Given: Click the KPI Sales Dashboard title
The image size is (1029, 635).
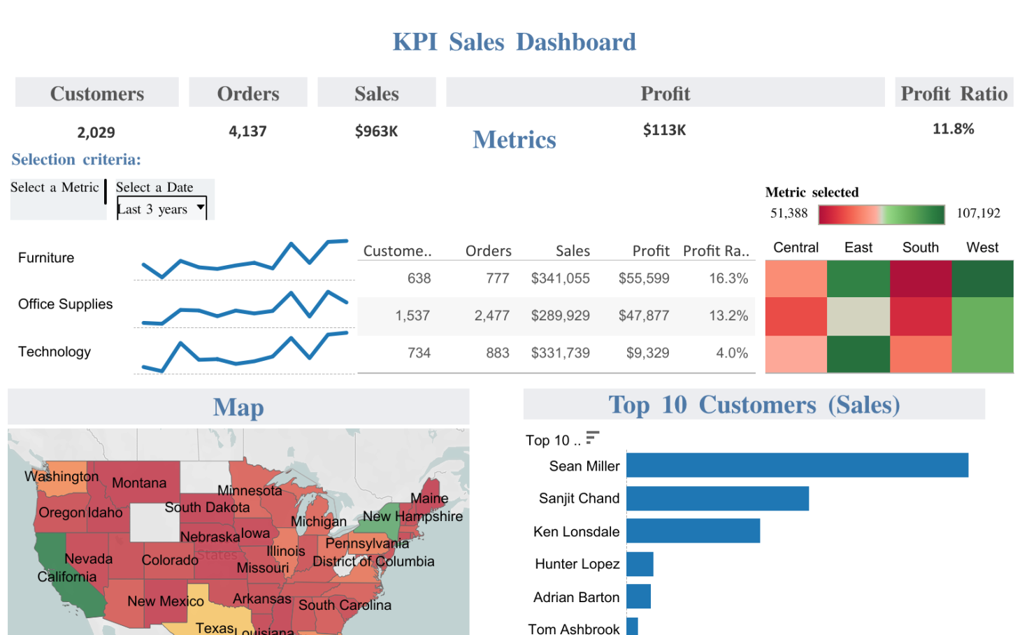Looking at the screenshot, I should coord(514,42).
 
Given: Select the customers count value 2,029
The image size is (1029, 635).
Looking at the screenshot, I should coord(96,132).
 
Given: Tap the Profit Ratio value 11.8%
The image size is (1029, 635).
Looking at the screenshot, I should coord(953,129).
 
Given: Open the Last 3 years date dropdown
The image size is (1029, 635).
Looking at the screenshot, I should coord(161,208).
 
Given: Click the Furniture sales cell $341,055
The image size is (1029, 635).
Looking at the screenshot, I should coord(560,278).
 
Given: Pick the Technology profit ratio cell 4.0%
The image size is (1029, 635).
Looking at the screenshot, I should coord(731,353).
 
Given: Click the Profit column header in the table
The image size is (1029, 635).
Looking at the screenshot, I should coord(650,250).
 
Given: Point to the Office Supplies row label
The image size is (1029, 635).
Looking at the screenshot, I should coord(65,304).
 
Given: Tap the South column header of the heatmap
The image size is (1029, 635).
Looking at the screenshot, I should coord(920,248).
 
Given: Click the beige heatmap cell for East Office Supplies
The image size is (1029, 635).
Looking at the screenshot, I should coord(858,316).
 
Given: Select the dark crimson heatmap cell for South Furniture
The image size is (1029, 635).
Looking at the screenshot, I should coord(920,278).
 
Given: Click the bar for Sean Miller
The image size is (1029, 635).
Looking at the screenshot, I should coord(797,465).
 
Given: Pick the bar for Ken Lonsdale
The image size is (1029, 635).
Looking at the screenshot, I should coord(693,531).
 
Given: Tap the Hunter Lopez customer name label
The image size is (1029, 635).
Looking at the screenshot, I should coord(577,564).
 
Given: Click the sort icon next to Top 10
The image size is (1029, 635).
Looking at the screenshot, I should coord(592,438).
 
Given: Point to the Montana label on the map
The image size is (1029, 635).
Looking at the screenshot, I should coord(139,483).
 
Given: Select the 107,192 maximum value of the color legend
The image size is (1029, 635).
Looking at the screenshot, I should coord(978,213).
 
